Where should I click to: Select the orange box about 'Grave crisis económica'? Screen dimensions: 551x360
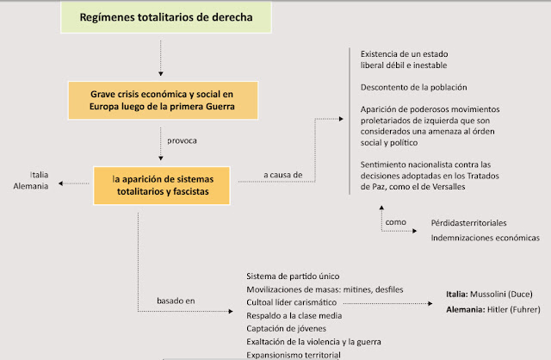coord(161,99)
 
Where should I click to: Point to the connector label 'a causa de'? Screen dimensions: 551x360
coord(283,175)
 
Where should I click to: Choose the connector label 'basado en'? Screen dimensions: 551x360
coord(176,301)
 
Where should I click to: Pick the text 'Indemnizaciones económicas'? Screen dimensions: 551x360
coord(486,237)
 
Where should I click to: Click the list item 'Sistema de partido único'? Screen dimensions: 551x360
coord(295,276)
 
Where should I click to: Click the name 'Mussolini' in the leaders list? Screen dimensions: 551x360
coord(491,294)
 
